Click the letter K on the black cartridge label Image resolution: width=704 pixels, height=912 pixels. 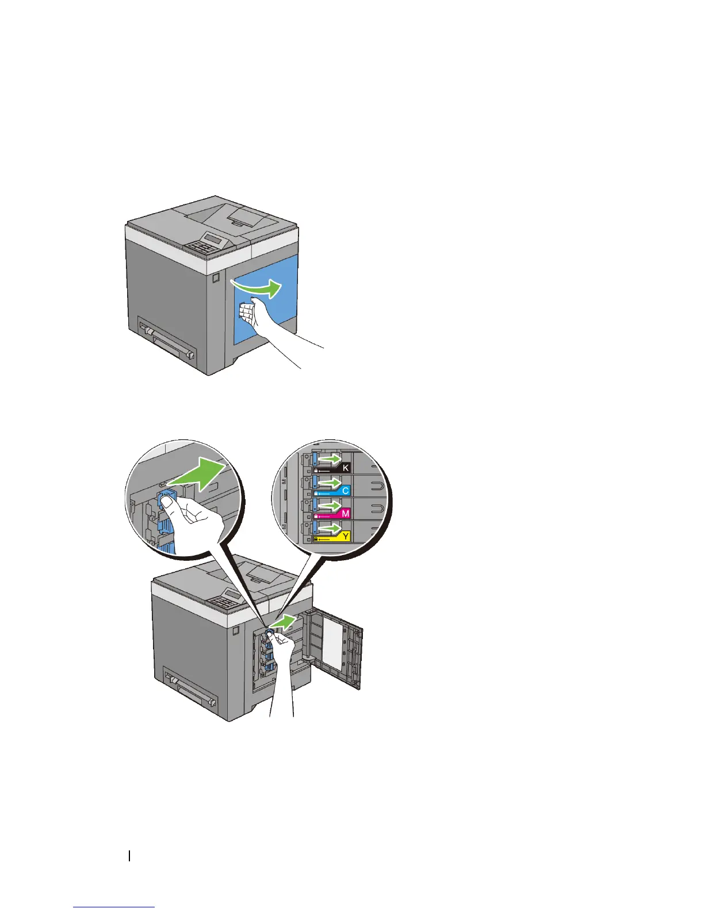(x=346, y=468)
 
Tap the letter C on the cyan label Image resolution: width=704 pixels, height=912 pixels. (x=345, y=491)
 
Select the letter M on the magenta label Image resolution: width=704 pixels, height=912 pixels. (x=345, y=513)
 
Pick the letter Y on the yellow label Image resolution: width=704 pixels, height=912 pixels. (x=346, y=536)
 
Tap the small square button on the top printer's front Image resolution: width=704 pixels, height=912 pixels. (x=216, y=278)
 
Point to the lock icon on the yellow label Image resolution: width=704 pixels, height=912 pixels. (x=316, y=539)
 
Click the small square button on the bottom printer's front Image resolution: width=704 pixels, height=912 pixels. (x=236, y=632)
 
